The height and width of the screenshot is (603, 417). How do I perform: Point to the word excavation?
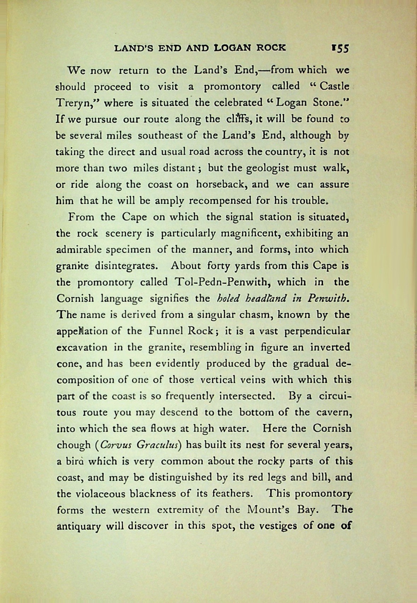(82, 347)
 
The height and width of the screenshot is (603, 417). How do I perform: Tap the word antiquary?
(79, 526)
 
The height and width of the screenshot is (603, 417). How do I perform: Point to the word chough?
(74, 445)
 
